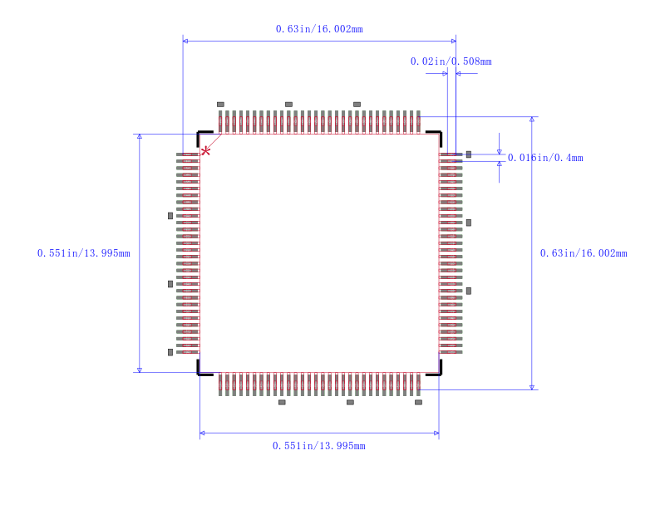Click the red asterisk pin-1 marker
(205, 151)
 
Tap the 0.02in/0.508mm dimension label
(451, 61)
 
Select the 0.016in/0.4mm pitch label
(545, 158)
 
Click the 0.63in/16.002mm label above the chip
(319, 29)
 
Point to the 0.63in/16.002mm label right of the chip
(584, 253)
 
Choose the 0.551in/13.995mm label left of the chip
(84, 253)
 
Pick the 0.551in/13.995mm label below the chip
(319, 446)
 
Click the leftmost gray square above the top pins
(220, 105)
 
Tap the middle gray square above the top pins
(288, 105)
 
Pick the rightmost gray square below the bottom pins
(418, 402)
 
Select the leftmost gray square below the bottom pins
(282, 402)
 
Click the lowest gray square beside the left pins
(170, 352)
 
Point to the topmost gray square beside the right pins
(469, 154)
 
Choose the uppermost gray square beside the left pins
(170, 216)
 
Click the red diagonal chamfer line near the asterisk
(211, 144)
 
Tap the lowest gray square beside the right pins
(469, 291)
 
